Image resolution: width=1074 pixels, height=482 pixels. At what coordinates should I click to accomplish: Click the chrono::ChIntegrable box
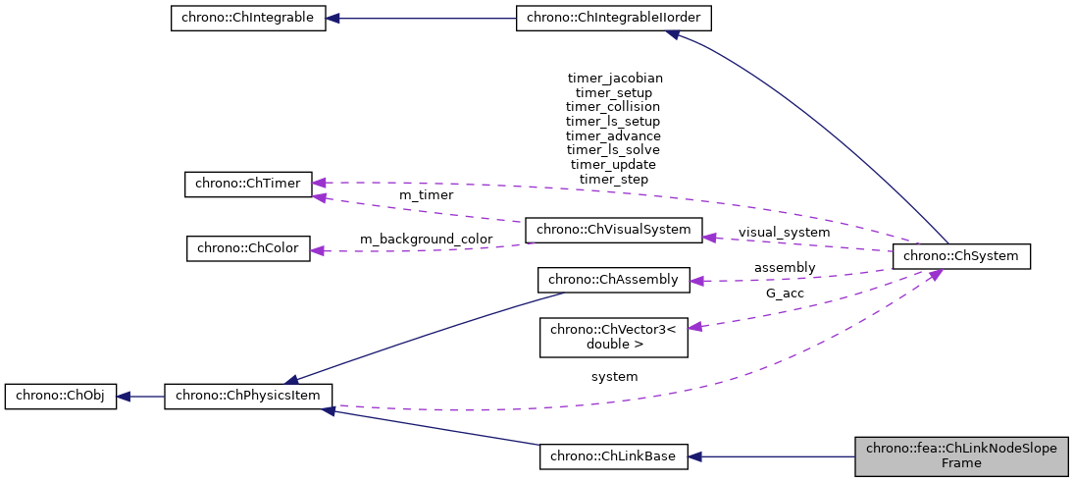tap(247, 19)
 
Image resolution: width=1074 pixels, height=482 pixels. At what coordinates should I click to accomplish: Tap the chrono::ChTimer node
tap(248, 184)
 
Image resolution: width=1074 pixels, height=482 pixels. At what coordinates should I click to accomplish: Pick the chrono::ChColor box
tap(248, 247)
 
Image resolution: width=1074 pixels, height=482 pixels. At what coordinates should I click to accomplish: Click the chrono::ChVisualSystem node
tap(614, 231)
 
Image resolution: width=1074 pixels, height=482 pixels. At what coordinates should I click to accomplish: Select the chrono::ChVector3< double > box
tap(614, 337)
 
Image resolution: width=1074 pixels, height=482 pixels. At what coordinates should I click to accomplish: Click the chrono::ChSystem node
tap(961, 256)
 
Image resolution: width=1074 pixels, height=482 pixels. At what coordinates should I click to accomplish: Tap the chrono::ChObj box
tap(61, 397)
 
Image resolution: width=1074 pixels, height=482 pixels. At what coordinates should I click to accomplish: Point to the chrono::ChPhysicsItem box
tap(248, 397)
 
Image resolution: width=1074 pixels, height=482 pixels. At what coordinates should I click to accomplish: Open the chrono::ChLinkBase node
tap(614, 456)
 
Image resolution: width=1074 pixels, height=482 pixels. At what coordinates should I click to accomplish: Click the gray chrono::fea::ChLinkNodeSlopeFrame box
tap(961, 456)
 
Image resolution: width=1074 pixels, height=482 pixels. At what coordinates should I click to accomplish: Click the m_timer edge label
tap(426, 195)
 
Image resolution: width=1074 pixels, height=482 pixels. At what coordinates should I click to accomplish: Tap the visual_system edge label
tap(784, 233)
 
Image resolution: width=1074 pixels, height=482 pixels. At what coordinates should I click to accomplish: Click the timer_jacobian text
tap(615, 77)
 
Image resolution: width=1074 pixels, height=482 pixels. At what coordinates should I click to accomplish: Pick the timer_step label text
tap(613, 180)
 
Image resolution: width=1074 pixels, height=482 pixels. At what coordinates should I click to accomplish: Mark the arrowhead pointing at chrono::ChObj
tap(125, 397)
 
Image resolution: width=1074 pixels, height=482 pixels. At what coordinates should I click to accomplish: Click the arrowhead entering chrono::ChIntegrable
tap(333, 19)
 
